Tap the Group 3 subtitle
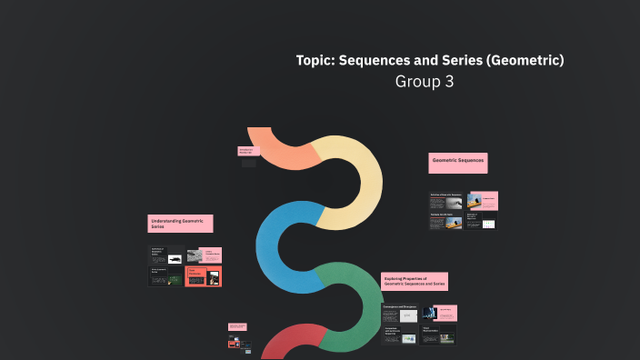click(x=424, y=81)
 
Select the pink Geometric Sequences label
click(x=458, y=163)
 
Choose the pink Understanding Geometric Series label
click(x=180, y=223)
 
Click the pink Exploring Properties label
click(x=415, y=282)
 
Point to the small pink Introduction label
click(x=247, y=152)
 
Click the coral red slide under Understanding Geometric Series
click(x=204, y=275)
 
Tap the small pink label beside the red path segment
click(x=238, y=326)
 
